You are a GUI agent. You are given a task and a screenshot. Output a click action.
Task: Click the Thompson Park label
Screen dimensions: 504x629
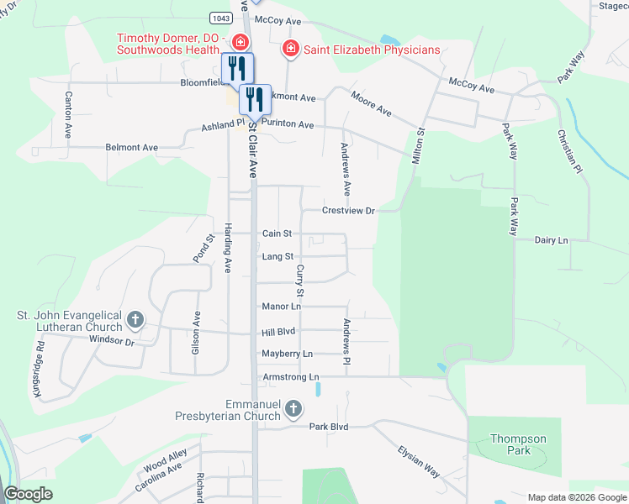point(519,444)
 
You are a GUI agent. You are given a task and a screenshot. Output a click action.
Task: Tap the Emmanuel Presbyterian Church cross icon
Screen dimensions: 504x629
point(293,409)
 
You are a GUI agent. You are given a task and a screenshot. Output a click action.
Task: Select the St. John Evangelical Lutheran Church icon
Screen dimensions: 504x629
point(135,320)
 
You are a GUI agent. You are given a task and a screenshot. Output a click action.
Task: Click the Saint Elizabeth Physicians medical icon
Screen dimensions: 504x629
point(291,49)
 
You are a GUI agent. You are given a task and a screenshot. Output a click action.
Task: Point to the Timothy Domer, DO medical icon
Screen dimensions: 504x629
point(239,41)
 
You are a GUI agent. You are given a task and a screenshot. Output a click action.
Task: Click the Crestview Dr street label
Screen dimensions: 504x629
point(347,211)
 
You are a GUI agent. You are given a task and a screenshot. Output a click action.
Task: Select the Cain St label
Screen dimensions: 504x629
point(277,234)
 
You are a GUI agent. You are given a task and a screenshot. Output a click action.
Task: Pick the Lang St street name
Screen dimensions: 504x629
point(277,257)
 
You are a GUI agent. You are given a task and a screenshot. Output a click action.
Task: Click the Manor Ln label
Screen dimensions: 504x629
point(281,307)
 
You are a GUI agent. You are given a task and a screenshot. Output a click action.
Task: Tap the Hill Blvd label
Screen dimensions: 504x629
point(278,332)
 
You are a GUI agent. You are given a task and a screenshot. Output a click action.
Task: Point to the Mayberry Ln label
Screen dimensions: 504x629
point(287,354)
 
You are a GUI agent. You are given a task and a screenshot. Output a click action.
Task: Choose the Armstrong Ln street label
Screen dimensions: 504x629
point(291,377)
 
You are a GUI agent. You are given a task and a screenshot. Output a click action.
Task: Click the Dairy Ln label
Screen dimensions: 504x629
point(552,240)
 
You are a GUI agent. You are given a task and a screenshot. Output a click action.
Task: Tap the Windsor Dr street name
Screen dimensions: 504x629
point(111,342)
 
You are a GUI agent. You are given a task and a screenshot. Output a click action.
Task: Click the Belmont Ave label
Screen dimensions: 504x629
point(131,148)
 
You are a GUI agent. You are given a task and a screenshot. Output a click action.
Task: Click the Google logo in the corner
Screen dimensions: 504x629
point(28,494)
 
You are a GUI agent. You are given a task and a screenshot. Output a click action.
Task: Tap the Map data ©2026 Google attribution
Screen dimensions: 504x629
point(576,497)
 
